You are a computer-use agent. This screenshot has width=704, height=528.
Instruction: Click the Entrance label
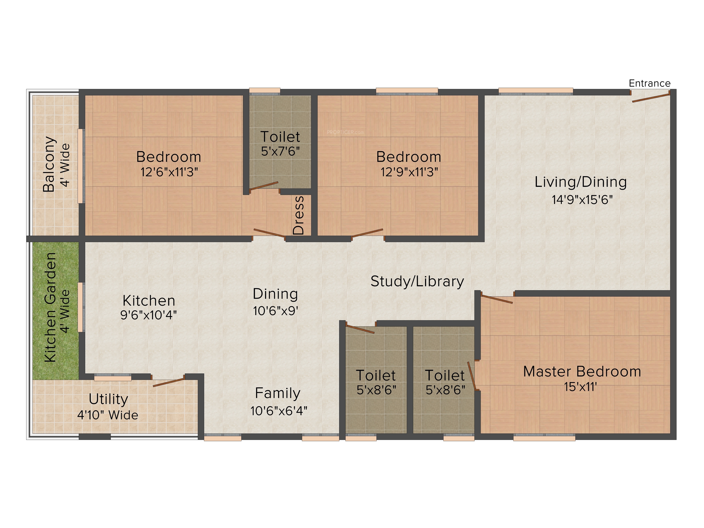(x=650, y=83)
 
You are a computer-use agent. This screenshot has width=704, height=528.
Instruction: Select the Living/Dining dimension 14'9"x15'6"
(x=582, y=200)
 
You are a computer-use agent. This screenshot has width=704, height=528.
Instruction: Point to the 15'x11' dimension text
(x=580, y=387)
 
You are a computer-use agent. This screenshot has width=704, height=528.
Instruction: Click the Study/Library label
(x=417, y=282)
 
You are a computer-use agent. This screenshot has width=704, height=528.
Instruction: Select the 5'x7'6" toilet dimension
(x=280, y=151)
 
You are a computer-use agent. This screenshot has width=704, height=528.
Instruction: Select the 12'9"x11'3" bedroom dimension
(x=409, y=172)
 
